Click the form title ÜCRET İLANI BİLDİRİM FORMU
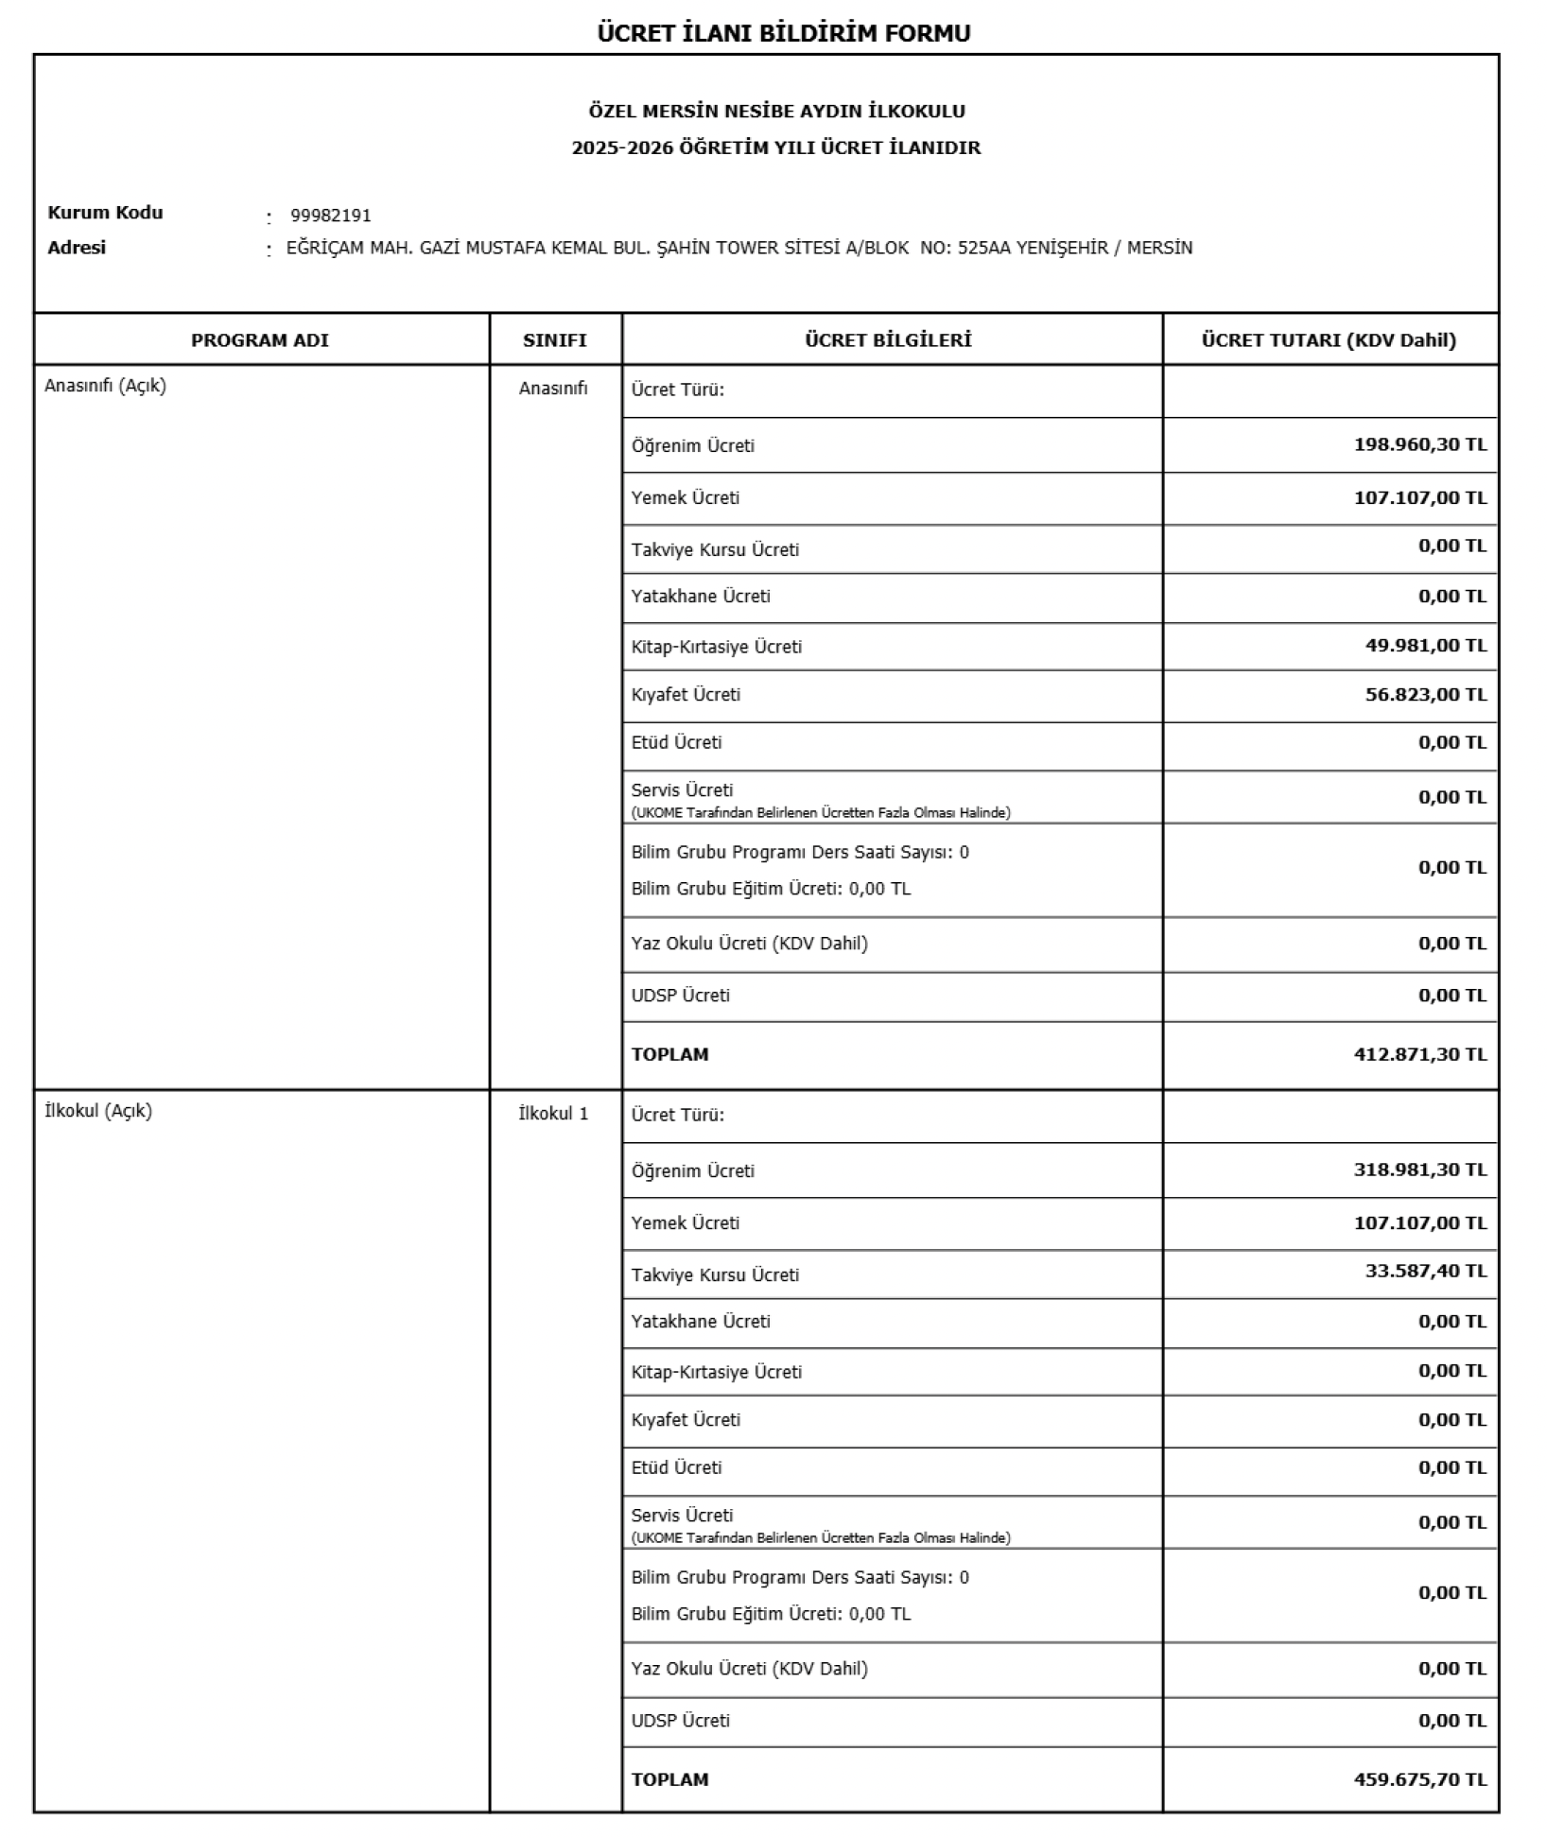coord(783,33)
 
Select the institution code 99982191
coord(330,216)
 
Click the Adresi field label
coord(77,248)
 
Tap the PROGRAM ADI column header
coord(260,340)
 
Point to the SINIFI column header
coord(555,340)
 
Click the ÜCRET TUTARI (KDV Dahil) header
coord(1329,340)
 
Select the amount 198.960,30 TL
coord(1419,444)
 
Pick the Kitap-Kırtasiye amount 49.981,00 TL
coord(1425,645)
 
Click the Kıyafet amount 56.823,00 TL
coord(1425,694)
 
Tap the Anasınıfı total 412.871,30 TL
coord(1419,1054)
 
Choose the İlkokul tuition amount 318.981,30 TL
coord(1419,1170)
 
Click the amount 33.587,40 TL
coord(1425,1271)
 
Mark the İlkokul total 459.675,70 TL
coord(1419,1779)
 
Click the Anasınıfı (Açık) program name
coord(105,386)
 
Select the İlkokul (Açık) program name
coord(98,1111)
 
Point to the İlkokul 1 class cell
coord(553,1114)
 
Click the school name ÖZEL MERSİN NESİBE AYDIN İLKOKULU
coord(776,112)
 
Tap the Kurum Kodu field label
coord(105,213)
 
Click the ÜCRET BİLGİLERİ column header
coord(888,340)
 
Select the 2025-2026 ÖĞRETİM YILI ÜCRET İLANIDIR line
coord(776,147)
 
